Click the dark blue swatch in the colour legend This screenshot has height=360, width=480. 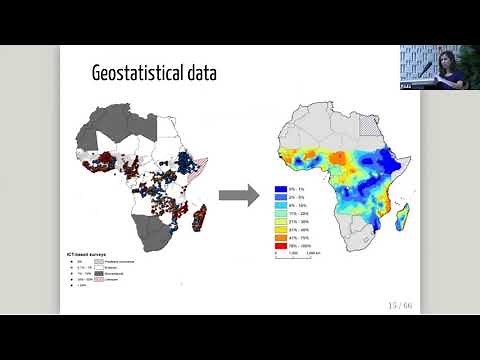pos(282,187)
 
